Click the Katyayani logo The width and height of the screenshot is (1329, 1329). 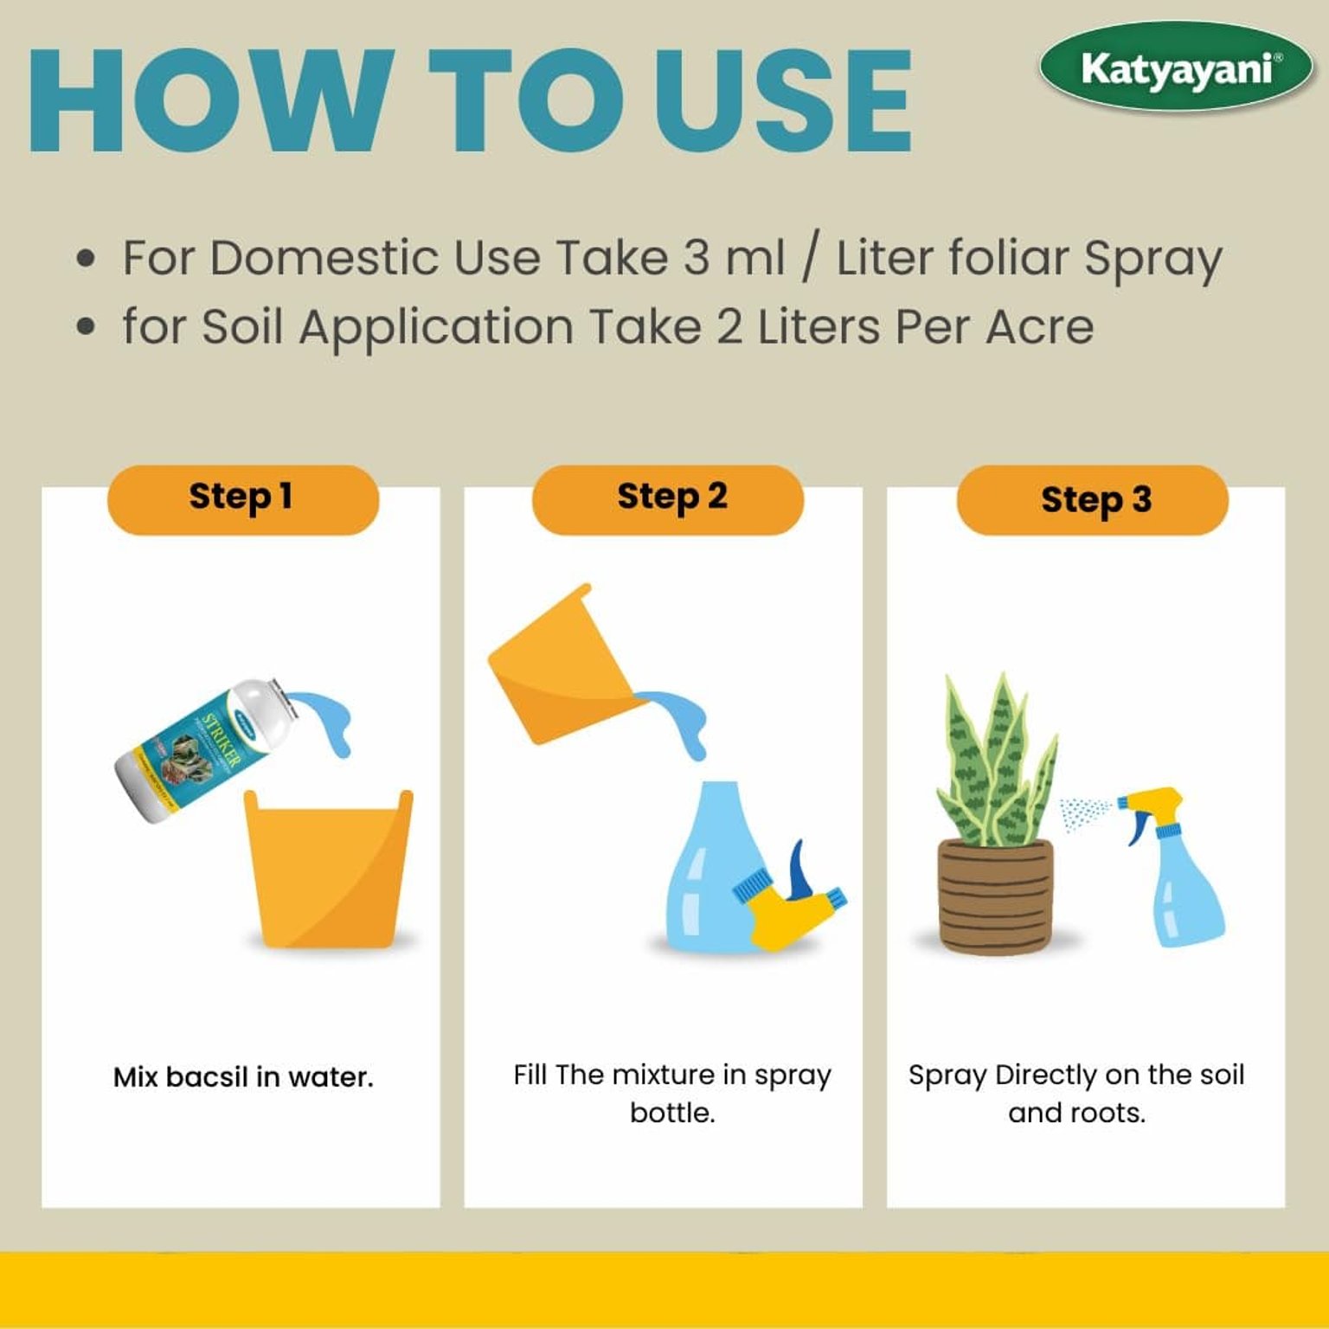click(1176, 68)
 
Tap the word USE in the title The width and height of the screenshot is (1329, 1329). click(782, 102)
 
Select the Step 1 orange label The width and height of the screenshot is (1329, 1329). click(242, 499)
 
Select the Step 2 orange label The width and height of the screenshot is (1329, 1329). click(667, 499)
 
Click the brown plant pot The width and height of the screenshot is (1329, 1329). click(996, 896)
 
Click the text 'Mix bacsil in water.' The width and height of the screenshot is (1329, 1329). click(243, 1077)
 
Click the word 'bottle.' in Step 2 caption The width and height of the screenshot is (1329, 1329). click(672, 1113)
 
